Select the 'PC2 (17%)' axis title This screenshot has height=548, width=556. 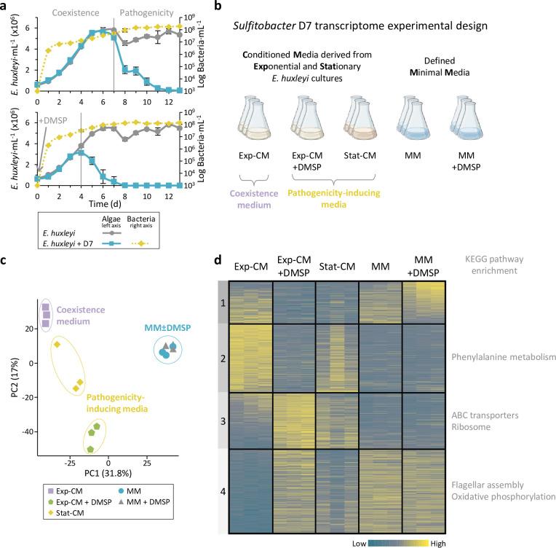(8, 374)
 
